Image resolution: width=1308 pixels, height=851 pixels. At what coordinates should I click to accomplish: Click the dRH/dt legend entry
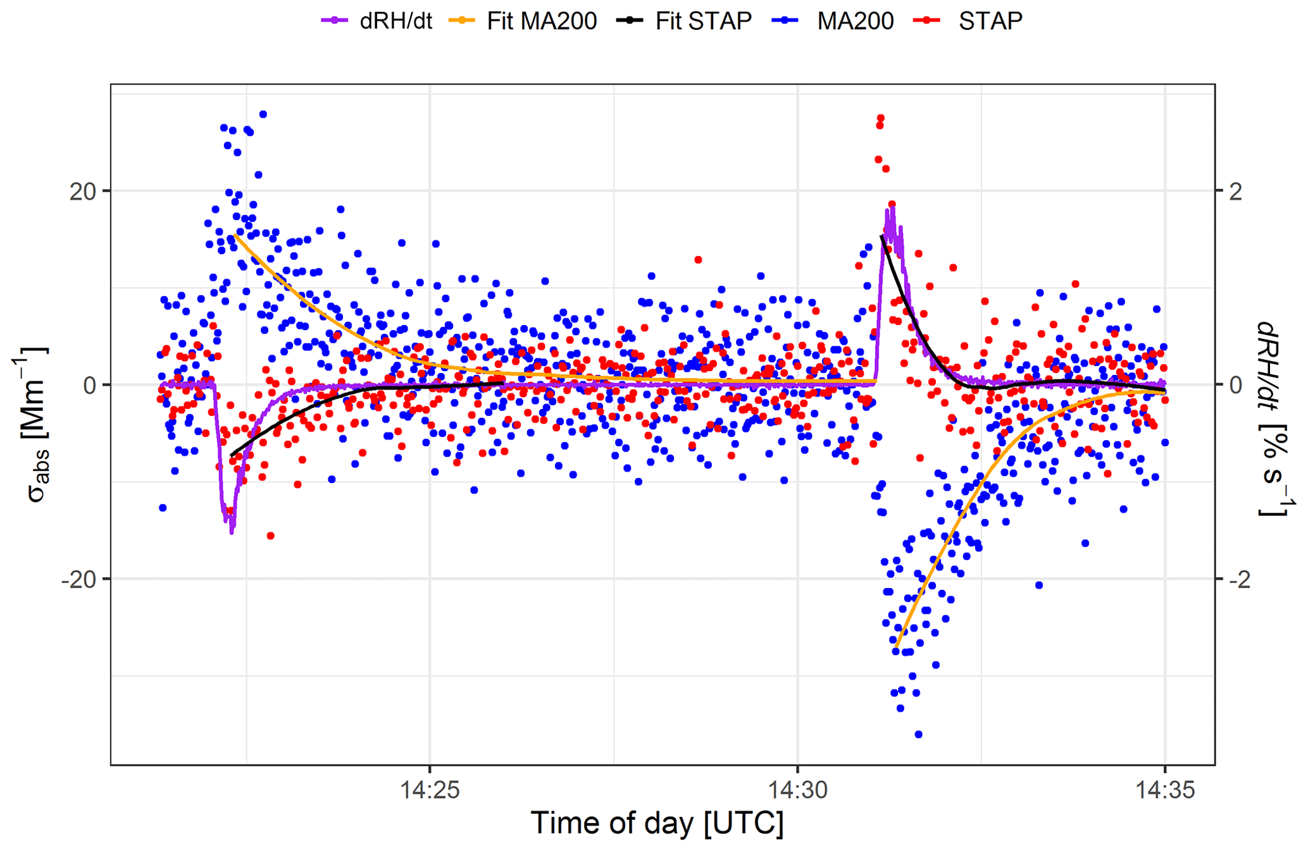[377, 21]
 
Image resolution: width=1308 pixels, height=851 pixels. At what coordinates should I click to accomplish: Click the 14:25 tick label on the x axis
[430, 790]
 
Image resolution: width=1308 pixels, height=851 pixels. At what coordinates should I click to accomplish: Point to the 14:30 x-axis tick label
[797, 790]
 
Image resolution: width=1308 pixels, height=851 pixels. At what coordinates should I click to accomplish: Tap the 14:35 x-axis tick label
[1164, 790]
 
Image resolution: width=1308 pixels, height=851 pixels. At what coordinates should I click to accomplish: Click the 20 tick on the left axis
[83, 191]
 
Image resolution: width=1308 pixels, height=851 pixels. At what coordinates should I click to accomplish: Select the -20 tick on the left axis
[78, 579]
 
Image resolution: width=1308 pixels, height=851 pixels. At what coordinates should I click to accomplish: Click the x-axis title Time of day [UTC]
[657, 823]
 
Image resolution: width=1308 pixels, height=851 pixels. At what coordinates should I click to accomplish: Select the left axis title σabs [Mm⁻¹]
[32, 424]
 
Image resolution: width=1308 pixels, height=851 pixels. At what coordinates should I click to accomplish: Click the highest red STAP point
[880, 118]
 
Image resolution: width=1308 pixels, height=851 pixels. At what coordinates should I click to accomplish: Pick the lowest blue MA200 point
[918, 735]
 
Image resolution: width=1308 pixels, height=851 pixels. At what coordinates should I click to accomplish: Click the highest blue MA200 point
[263, 114]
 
